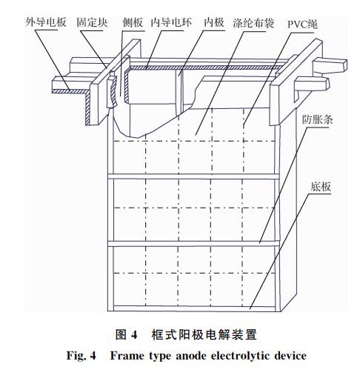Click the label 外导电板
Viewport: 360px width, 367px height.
[x=46, y=22]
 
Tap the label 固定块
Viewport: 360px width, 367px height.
[x=92, y=22]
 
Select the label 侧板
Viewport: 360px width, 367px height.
[x=133, y=22]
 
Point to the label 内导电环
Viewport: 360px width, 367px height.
[x=171, y=22]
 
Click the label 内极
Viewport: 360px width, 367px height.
[x=214, y=22]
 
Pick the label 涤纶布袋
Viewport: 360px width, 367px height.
[x=253, y=23]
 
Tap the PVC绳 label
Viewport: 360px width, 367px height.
[x=302, y=24]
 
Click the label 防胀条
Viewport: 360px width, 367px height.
[x=318, y=120]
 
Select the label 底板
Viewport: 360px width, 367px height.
[x=321, y=187]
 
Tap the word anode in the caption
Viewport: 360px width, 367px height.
[x=191, y=356]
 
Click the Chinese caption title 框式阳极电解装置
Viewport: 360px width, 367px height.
[x=204, y=334]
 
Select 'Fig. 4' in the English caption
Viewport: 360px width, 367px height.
[x=81, y=356]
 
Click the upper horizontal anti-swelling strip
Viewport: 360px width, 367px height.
[x=193, y=176]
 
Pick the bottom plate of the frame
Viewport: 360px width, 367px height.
[x=194, y=308]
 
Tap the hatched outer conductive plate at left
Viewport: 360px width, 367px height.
[x=71, y=91]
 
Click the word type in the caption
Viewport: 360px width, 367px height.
[x=160, y=357]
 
